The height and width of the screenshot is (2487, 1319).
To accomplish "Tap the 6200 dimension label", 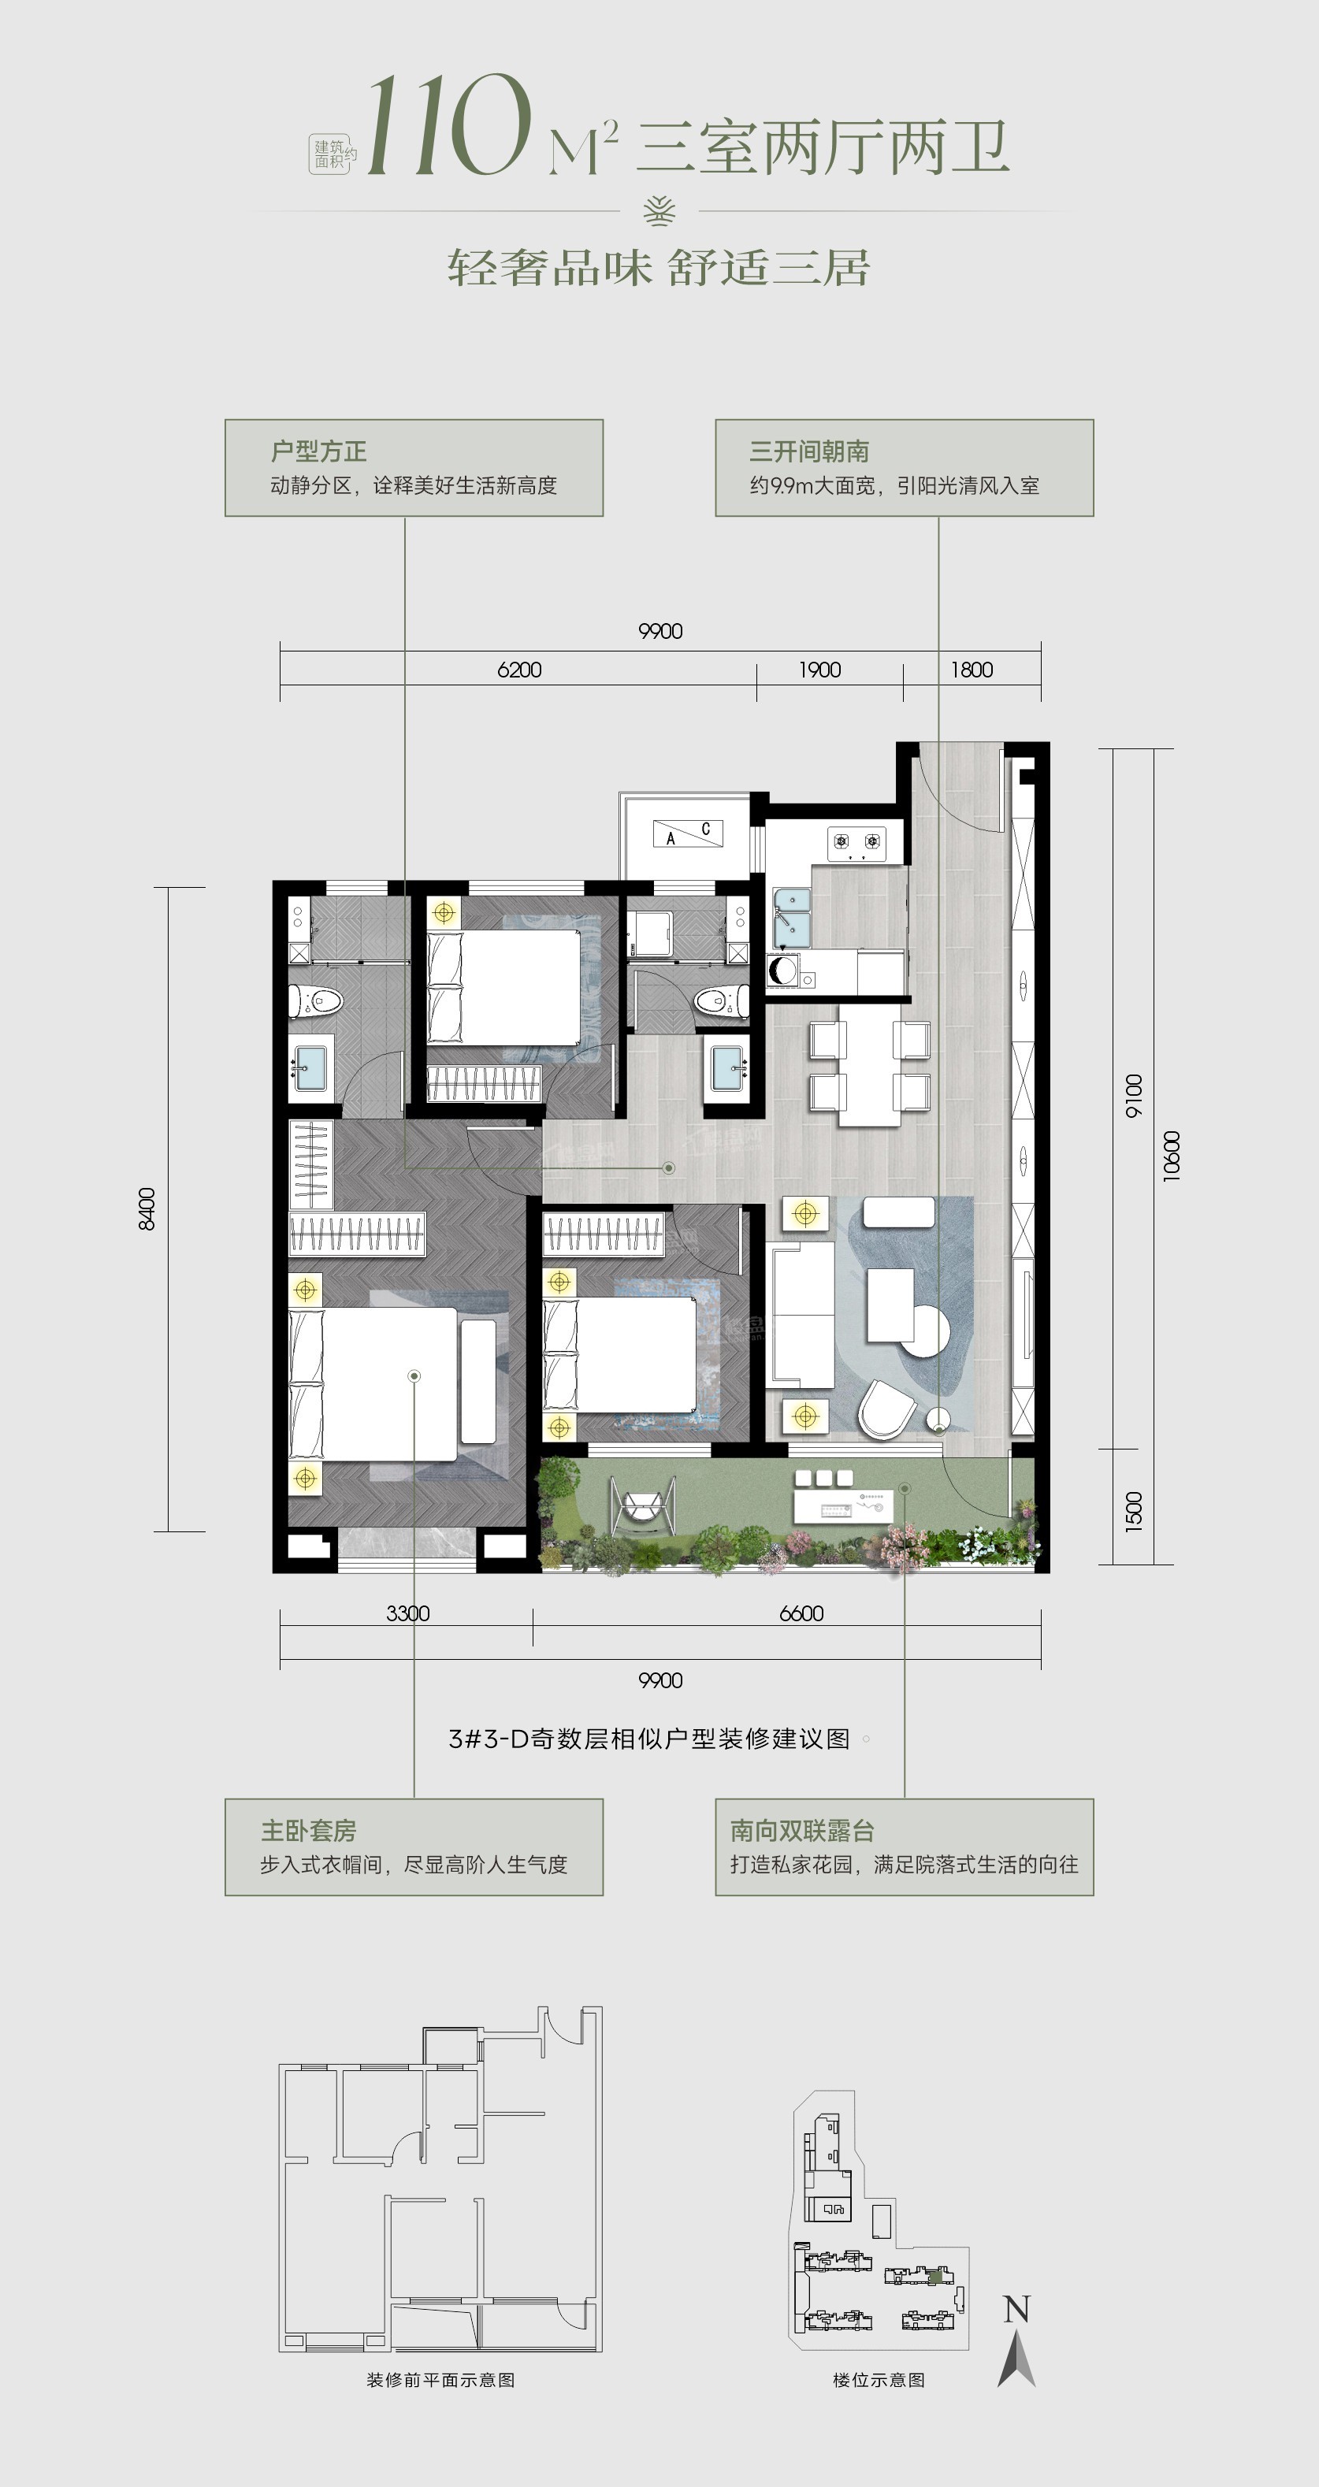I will coord(518,669).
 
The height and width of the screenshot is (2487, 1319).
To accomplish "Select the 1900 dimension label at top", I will coord(819,669).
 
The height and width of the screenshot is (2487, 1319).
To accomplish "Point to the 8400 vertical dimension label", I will coord(147,1208).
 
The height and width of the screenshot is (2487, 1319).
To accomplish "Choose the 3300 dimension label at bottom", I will coord(407,1613).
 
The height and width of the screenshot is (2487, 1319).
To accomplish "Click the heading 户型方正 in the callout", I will coord(318,451).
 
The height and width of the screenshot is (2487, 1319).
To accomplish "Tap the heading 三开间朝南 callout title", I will coord(809,451).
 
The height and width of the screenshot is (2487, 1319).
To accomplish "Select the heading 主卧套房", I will coord(309,1831).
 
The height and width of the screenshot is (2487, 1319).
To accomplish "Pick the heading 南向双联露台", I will coord(802,1831).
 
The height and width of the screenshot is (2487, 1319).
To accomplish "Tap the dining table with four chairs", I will coord(870,1065).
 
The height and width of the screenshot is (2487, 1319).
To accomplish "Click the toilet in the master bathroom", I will coord(317,1001).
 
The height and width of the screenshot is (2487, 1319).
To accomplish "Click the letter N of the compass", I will coord(1016,2311).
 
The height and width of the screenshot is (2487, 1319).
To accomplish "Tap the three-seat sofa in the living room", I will coord(801,1315).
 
